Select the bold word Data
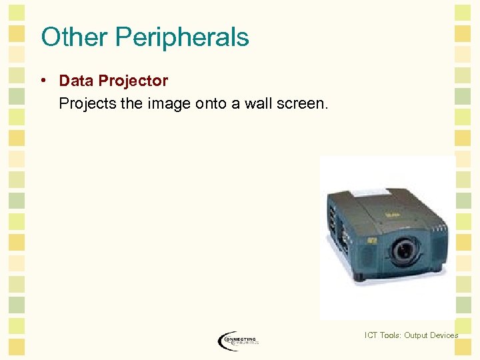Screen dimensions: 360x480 pos(76,81)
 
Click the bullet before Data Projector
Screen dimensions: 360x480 pos(42,81)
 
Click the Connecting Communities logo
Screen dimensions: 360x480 pos(238,340)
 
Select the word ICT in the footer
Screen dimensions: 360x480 pos(372,335)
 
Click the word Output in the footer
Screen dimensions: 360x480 pos(421,335)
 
